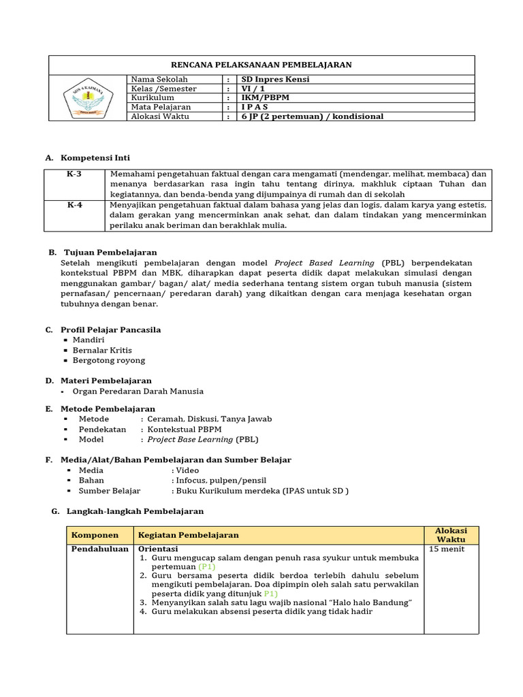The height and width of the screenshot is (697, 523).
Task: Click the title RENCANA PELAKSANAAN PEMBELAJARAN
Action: point(261,65)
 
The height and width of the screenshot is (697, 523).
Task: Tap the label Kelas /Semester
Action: point(163,89)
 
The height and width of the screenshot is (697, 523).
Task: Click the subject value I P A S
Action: point(255,108)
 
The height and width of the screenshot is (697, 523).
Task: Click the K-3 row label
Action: point(74,174)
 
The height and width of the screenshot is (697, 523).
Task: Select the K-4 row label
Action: point(74,204)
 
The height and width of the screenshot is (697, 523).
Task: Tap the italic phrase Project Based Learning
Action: point(324,263)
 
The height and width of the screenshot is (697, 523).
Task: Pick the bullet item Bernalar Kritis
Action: point(102,350)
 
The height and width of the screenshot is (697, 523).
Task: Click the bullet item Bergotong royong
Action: point(109,360)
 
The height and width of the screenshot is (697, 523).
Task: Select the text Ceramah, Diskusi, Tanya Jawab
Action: point(209,419)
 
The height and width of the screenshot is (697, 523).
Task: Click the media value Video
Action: point(187,470)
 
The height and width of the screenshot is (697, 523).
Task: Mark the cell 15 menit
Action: point(447,549)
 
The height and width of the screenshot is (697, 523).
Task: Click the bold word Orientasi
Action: point(158,549)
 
